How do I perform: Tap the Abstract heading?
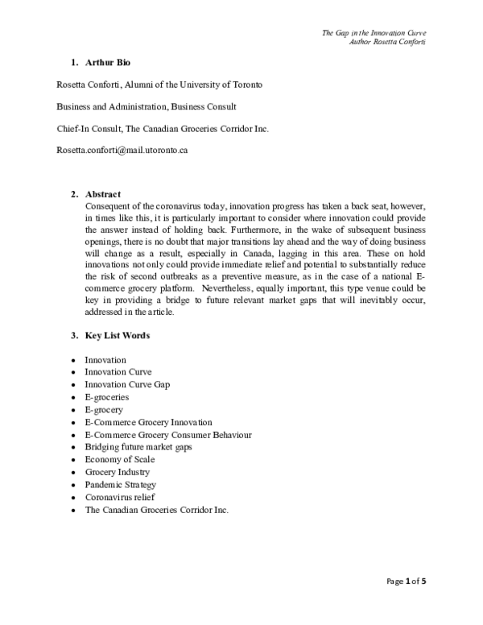(x=102, y=194)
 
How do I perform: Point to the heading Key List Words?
(x=117, y=334)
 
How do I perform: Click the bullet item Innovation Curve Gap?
(x=127, y=384)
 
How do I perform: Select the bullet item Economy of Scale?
(x=120, y=459)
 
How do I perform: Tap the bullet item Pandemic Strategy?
(x=120, y=485)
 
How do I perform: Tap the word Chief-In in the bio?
(x=74, y=128)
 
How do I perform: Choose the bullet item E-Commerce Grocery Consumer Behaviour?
(x=167, y=434)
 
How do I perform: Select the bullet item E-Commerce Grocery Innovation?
(x=148, y=422)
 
